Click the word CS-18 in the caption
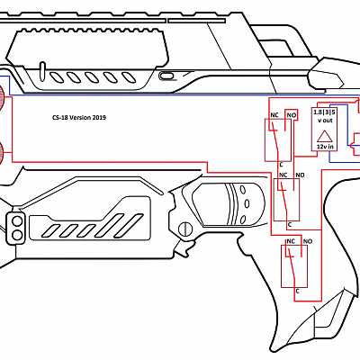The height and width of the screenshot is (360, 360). [x=58, y=117]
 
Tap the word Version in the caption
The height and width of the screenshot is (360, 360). [x=79, y=117]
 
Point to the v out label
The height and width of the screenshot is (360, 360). [x=324, y=121]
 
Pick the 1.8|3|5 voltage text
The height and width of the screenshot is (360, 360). [x=324, y=112]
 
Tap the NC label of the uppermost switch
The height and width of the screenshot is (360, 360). [x=274, y=116]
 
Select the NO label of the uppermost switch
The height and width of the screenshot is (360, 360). [x=291, y=116]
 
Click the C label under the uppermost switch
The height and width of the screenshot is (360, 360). [x=282, y=163]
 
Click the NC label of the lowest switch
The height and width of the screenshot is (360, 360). [x=291, y=242]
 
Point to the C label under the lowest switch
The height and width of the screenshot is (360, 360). [x=297, y=290]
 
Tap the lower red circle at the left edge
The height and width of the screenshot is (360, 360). [x=4, y=154]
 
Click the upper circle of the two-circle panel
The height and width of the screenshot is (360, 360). [x=17, y=220]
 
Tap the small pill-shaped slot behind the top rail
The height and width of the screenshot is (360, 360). [x=166, y=76]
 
